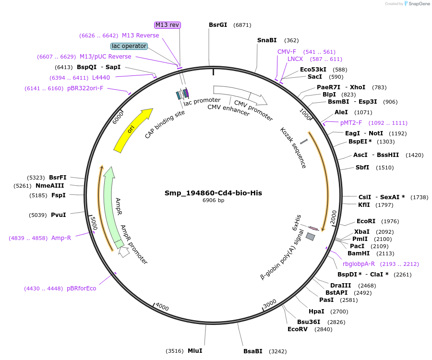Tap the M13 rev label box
pos(168,25)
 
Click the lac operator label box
pos(129,46)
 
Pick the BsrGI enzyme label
pos(218,25)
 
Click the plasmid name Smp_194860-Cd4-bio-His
pos(213,193)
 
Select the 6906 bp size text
pos(213,201)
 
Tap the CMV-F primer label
pos(287,51)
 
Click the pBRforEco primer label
pos(81,288)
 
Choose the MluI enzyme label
pos(194,351)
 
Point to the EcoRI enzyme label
pos(366,221)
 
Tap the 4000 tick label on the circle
pos(162,307)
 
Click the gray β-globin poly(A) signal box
pos(311,237)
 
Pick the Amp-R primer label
pos(61,238)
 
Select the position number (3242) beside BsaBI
pos(277,351)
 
